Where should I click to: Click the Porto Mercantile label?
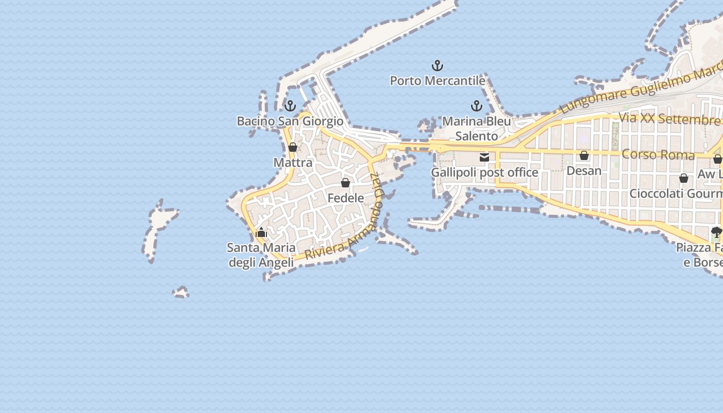click(x=437, y=81)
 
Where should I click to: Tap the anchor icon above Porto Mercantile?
click(x=437, y=66)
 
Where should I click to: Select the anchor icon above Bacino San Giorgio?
click(x=290, y=106)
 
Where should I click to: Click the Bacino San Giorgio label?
click(x=290, y=121)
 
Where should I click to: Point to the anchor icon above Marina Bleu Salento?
click(x=477, y=106)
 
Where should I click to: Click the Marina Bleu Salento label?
click(x=477, y=129)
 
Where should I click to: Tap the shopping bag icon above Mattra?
click(x=293, y=147)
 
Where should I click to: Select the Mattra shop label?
click(x=293, y=163)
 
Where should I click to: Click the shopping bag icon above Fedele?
click(x=345, y=183)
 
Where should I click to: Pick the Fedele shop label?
click(x=345, y=198)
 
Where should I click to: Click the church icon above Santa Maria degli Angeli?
click(x=261, y=232)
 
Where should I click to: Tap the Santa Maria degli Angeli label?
click(x=261, y=255)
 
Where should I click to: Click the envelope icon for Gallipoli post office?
click(x=484, y=157)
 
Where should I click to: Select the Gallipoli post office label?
click(x=484, y=172)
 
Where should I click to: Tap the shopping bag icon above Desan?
click(x=584, y=155)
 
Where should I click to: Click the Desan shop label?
click(x=584, y=170)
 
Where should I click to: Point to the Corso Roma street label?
click(x=658, y=154)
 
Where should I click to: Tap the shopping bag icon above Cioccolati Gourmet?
click(x=684, y=179)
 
